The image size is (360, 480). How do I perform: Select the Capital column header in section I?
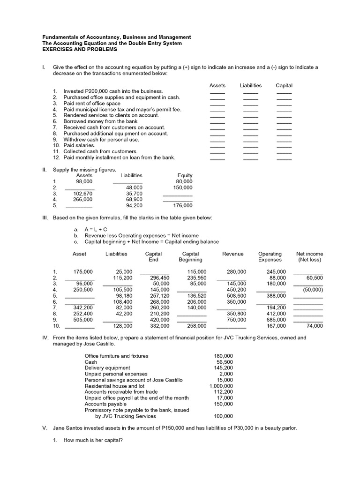pos(284,85)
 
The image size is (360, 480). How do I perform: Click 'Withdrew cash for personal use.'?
pos(101,139)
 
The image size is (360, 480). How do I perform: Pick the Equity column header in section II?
pos(185,175)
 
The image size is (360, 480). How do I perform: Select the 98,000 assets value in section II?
pos(84,181)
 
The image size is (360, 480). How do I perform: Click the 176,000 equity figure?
pos(183,205)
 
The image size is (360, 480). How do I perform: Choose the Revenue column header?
pos(233,254)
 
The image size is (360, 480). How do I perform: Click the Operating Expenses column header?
pos(270,257)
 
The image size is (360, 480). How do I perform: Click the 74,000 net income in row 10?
pos(315,326)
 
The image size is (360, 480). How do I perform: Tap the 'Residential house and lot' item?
pos(114,386)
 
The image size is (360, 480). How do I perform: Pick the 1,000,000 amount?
pos(221,386)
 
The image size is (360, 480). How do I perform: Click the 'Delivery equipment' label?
pos(107,368)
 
